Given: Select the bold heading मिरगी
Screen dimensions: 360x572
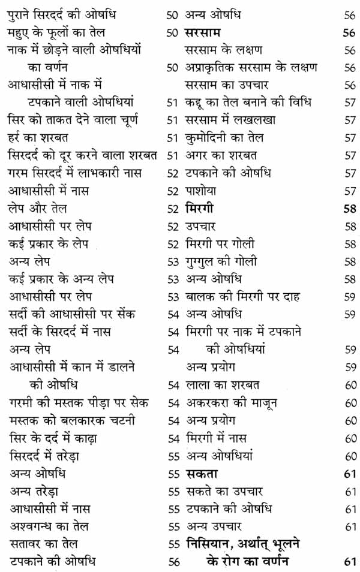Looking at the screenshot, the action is coord(200,209).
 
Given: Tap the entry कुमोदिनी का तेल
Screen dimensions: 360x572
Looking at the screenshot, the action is coord(224,138).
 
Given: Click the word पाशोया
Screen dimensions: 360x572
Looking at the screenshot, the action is coord(200,191).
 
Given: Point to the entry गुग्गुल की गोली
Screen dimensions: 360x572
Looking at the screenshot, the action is coord(225,261).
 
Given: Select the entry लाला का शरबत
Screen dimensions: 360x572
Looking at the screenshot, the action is coord(222,385).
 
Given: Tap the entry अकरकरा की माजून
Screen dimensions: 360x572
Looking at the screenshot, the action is coord(231,403).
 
